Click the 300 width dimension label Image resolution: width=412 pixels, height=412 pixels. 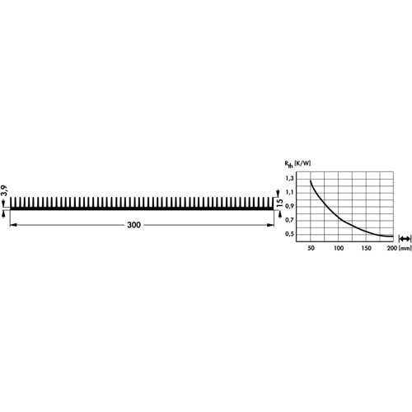click(134, 225)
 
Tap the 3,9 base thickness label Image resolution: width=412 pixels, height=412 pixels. click(4, 191)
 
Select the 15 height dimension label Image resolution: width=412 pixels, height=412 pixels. click(280, 203)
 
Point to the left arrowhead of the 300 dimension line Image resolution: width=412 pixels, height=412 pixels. click(13, 225)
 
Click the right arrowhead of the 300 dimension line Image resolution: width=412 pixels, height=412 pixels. click(270, 225)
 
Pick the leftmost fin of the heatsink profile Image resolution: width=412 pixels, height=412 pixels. click(12, 203)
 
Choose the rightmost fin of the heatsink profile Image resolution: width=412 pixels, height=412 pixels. click(273, 203)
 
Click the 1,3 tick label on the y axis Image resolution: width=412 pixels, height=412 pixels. click(289, 179)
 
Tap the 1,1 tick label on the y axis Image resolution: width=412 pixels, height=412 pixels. click(289, 192)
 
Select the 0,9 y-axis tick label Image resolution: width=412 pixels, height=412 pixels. click(289, 206)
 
